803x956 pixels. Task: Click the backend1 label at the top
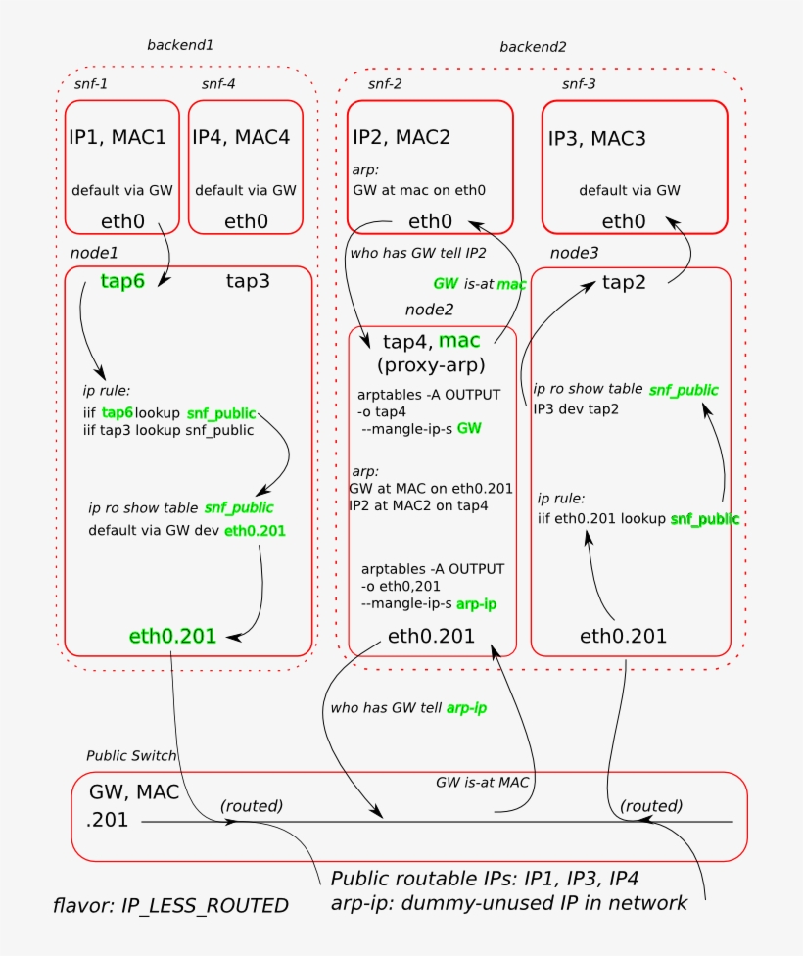180,45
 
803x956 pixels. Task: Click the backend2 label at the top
533,47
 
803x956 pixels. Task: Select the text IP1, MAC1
118,137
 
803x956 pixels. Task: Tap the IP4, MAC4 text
241,137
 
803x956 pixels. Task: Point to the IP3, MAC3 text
596,139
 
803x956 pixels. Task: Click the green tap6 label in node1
122,281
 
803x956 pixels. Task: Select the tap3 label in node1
248,281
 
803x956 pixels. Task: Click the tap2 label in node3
624,282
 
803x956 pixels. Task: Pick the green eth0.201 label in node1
172,636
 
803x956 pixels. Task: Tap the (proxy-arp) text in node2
431,365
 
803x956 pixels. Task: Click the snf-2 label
385,84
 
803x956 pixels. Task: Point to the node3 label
575,253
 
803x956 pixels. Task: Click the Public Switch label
131,756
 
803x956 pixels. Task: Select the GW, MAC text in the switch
134,792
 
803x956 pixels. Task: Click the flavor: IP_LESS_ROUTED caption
170,906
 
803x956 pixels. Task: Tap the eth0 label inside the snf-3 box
624,221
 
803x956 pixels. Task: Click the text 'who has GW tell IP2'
418,253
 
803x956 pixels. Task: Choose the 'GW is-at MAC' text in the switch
482,783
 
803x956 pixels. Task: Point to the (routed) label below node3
651,806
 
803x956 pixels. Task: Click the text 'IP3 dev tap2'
576,409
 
